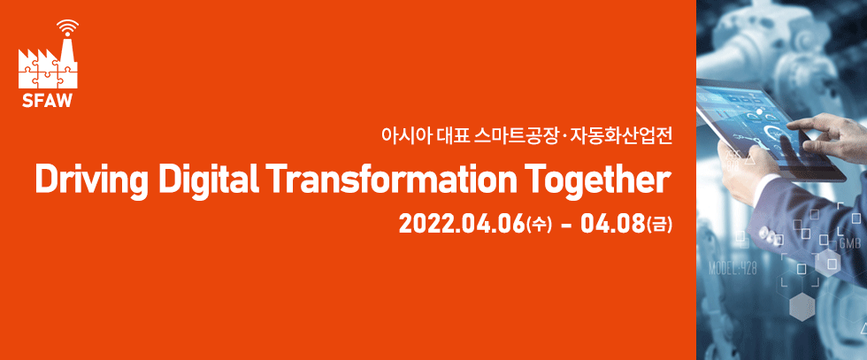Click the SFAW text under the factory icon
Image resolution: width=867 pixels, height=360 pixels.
click(48, 100)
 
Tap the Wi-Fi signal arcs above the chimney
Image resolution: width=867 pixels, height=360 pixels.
click(67, 26)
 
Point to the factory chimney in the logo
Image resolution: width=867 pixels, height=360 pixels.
click(68, 52)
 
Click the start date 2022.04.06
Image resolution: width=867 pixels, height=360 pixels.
click(461, 225)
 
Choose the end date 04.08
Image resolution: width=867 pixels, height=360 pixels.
click(612, 225)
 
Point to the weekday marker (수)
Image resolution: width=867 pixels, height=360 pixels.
click(539, 225)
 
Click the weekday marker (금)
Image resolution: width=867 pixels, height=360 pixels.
click(659, 225)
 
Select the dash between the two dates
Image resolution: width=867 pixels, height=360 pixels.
click(565, 226)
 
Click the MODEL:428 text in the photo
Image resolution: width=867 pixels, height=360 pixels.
click(733, 269)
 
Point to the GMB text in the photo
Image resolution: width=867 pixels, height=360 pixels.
click(849, 244)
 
